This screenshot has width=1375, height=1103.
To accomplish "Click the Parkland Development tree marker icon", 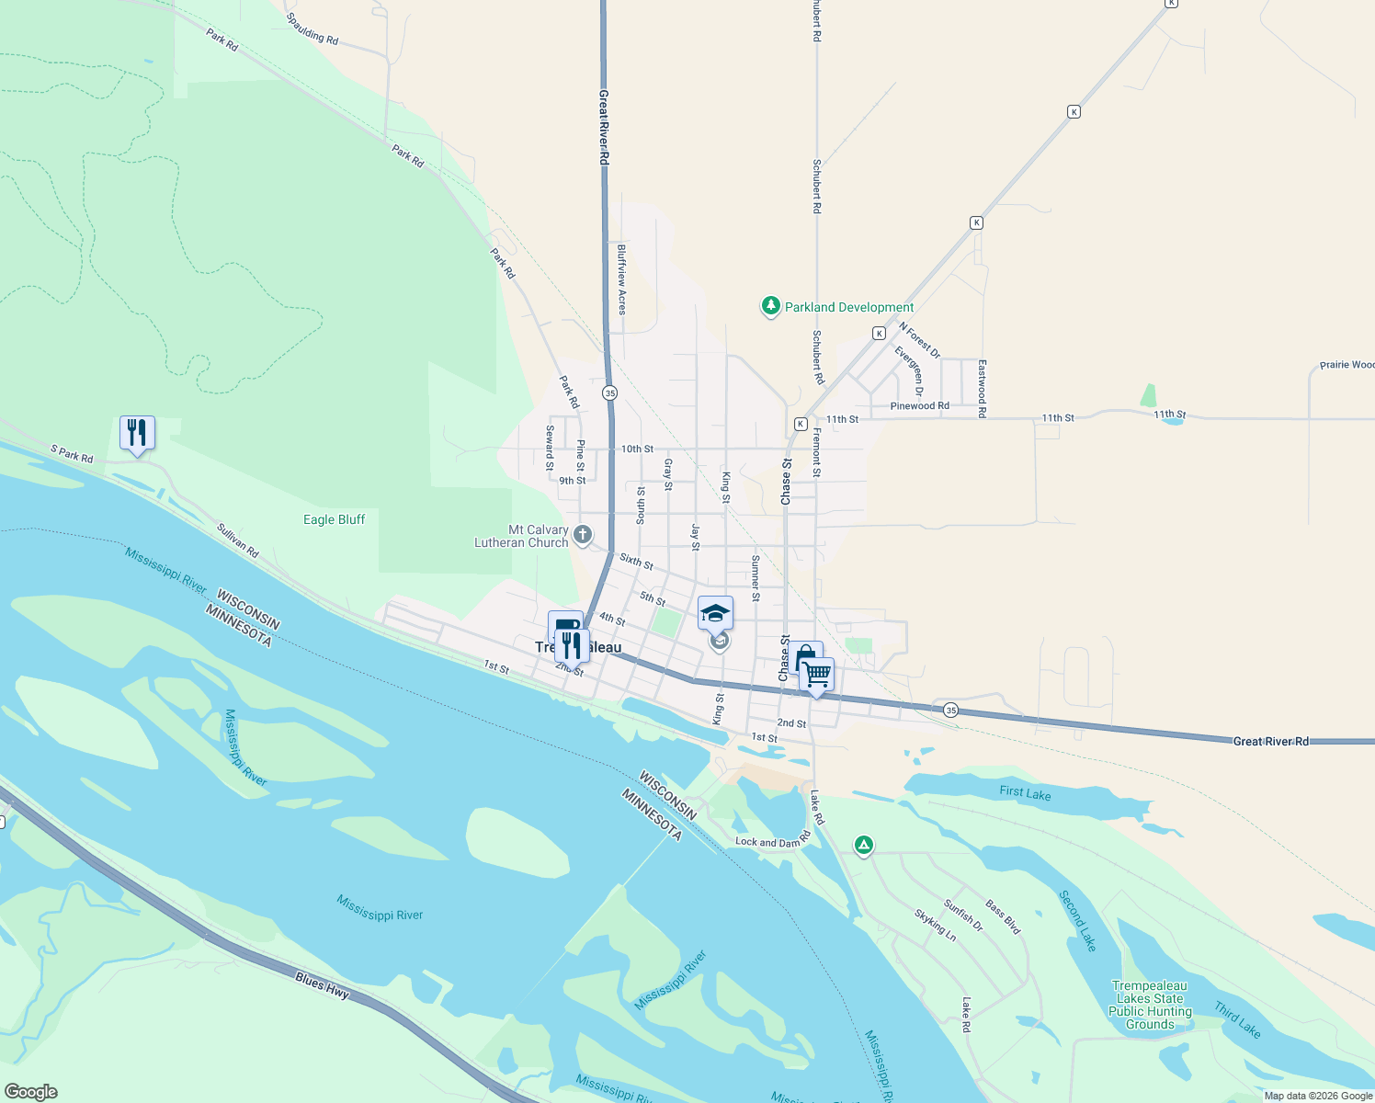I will [x=771, y=306].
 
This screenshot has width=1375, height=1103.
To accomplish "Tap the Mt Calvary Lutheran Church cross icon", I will [x=583, y=534].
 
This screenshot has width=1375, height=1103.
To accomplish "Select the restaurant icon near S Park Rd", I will [x=137, y=432].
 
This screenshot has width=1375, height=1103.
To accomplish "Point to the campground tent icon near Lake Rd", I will [x=863, y=845].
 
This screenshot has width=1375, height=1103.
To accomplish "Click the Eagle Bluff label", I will [x=335, y=519].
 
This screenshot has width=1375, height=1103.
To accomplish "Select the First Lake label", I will [x=1025, y=793].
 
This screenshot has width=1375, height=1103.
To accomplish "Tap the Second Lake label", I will [x=1077, y=920].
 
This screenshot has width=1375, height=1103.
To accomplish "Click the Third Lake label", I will [x=1237, y=1019].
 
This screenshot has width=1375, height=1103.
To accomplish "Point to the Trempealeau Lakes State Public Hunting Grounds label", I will [x=1150, y=1005].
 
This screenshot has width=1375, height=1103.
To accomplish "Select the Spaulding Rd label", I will [x=312, y=28].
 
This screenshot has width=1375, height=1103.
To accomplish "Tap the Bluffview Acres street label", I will [x=622, y=279].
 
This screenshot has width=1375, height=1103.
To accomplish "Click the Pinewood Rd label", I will [x=919, y=405].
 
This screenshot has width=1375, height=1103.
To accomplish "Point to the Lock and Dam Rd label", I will [x=773, y=841].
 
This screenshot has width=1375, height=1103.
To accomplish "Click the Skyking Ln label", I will [x=935, y=925].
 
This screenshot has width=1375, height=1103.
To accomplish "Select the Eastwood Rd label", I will [x=982, y=389].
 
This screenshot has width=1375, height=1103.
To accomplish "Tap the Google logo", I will [x=30, y=1091].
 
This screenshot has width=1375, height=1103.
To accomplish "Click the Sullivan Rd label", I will [x=237, y=540].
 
